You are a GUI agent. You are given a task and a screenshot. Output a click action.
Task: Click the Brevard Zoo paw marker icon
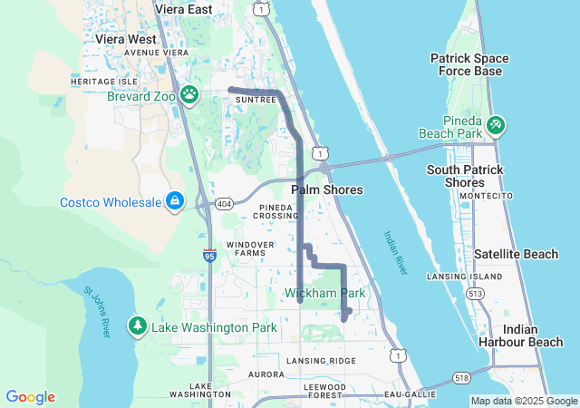[x=189, y=94]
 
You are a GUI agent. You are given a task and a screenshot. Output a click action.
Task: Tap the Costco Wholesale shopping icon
[x=174, y=201]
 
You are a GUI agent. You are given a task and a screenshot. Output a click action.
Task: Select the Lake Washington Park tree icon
[x=137, y=325]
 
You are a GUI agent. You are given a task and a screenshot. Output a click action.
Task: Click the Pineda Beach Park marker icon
[x=496, y=124]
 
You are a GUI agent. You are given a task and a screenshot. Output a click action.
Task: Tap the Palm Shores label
[x=327, y=190]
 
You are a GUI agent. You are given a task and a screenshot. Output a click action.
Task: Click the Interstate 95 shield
[x=209, y=257]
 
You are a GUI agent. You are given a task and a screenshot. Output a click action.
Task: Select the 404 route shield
[x=224, y=205]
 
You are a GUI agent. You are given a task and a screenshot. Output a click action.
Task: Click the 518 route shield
[x=462, y=377]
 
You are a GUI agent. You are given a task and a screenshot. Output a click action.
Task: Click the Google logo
[x=31, y=396]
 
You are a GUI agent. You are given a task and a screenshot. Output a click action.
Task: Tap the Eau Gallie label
[x=404, y=394]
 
